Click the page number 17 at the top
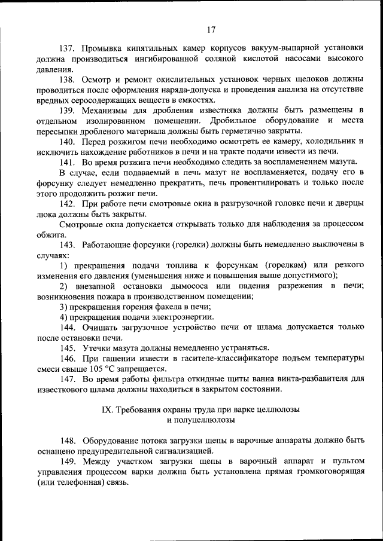click(x=210, y=30)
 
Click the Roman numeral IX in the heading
click(x=108, y=409)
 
